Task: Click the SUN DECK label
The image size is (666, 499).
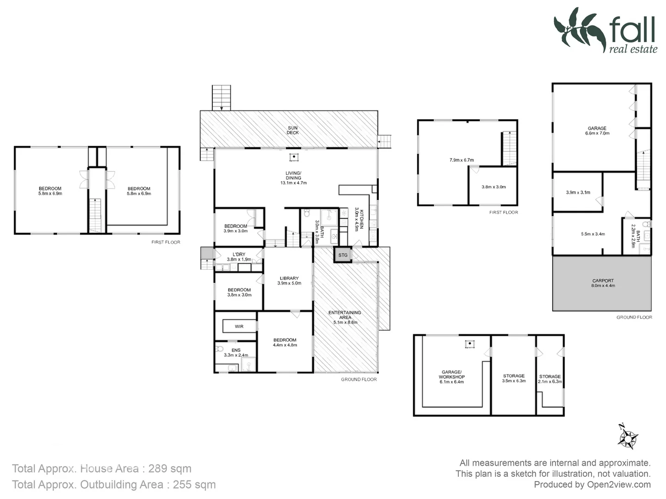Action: [x=292, y=130]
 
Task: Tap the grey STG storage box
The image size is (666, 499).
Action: [x=343, y=255]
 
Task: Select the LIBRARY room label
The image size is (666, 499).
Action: [x=289, y=281]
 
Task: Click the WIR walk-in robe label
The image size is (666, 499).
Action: [x=239, y=327]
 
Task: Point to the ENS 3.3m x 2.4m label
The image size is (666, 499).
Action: [x=236, y=353]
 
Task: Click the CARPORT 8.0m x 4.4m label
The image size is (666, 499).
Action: [x=603, y=283]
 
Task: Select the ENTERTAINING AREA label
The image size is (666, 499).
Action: [x=345, y=317]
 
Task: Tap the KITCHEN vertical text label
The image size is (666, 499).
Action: [x=359, y=218]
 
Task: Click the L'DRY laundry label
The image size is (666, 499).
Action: [x=239, y=257]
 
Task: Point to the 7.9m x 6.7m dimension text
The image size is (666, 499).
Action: [x=462, y=160]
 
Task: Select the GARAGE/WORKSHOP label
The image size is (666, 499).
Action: [x=451, y=377]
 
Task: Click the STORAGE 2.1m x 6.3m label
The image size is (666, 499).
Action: [x=550, y=379]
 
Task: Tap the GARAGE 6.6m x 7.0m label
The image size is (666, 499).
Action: [x=597, y=131]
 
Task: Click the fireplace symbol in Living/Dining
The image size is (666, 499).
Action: [x=294, y=158]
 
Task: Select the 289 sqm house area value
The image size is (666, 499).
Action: [x=170, y=469]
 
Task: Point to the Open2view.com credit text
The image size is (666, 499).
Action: [x=619, y=485]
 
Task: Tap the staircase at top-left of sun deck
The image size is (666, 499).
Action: [x=222, y=97]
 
